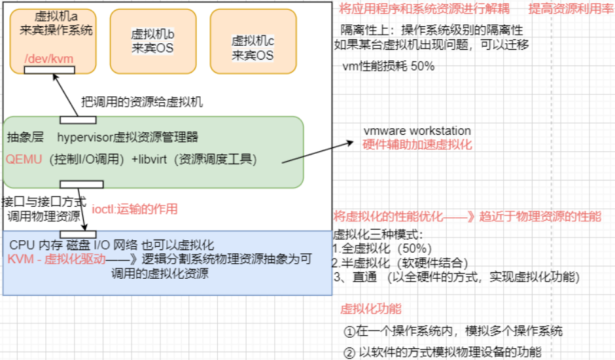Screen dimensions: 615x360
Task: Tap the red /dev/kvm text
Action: [49, 58]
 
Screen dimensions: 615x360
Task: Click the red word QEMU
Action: [24, 159]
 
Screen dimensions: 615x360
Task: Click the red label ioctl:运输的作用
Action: [134, 209]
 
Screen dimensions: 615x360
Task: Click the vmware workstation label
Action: [417, 131]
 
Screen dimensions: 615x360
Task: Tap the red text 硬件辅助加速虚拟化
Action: [417, 144]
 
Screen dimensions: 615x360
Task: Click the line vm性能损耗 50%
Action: [388, 67]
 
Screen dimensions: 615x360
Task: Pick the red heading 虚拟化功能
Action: [371, 309]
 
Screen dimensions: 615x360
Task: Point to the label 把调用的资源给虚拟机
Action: [142, 102]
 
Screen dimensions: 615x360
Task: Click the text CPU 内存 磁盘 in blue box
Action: [49, 245]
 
